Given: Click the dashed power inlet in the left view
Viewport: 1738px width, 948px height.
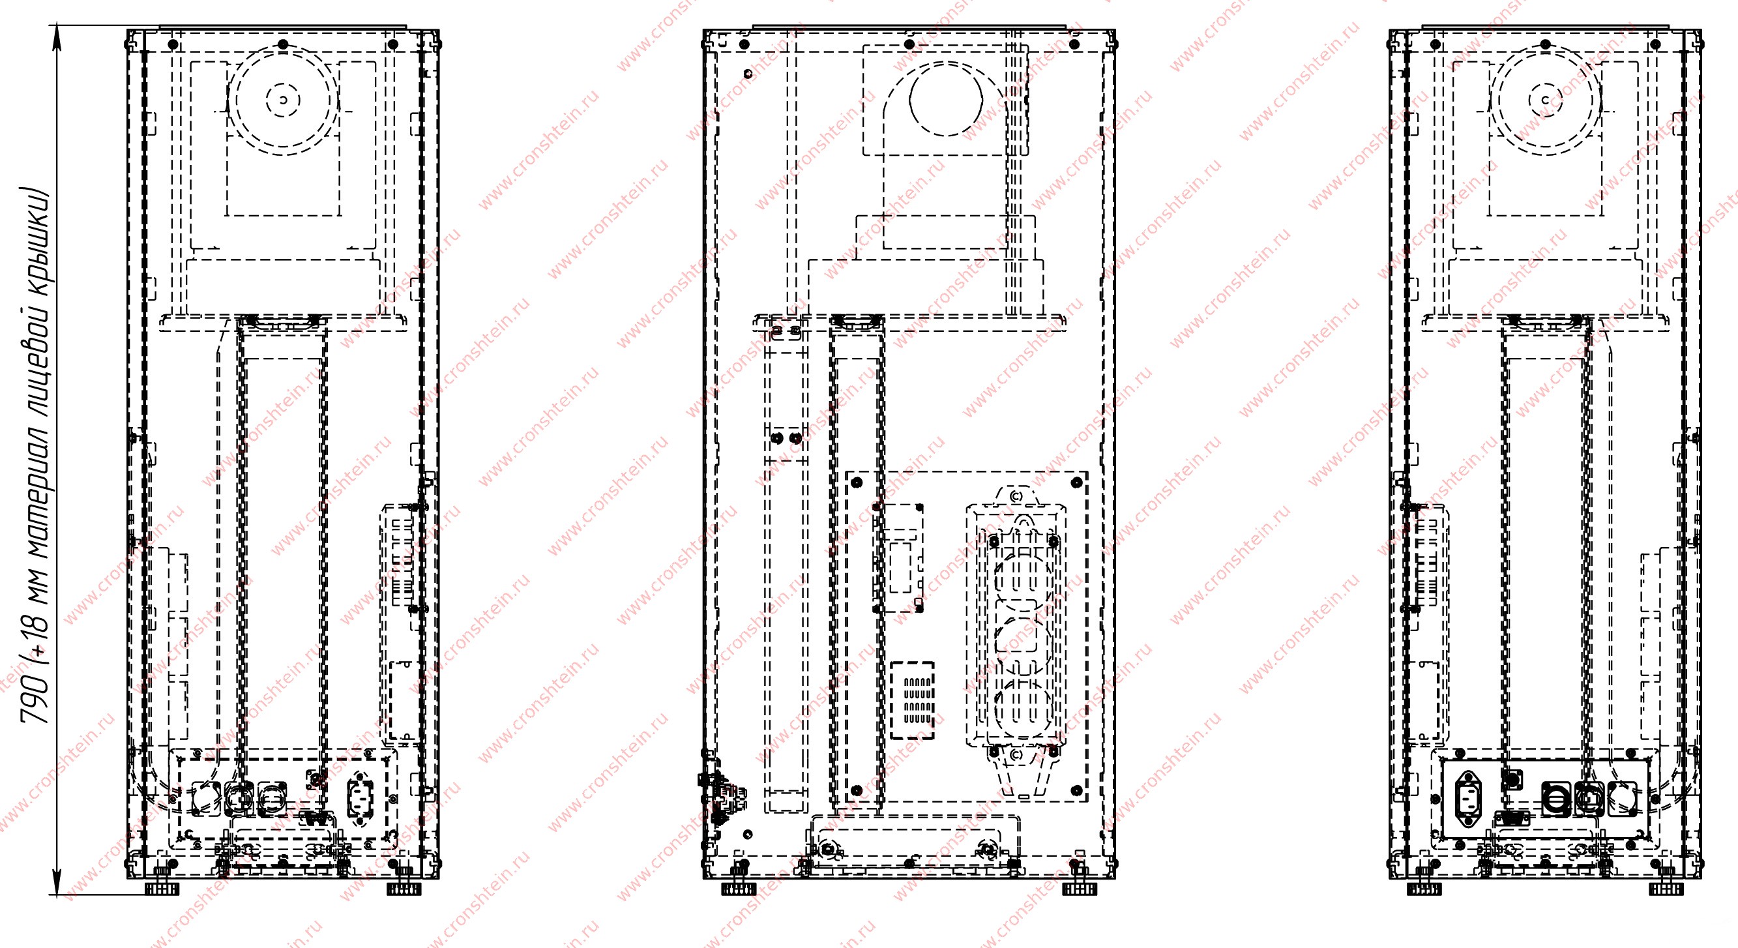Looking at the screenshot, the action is coord(361,802).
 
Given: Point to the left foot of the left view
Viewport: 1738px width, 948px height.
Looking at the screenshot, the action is coord(162,887).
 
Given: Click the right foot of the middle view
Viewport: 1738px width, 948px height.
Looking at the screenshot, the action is coord(1080,887).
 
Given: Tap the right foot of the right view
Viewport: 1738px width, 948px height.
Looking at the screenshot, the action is coord(1666,887).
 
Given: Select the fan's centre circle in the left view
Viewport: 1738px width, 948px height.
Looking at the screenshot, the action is coord(284,100).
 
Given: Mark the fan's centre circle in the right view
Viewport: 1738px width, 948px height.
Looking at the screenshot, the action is coord(1546,100).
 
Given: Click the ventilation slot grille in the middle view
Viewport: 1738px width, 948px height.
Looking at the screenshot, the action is coord(913,700).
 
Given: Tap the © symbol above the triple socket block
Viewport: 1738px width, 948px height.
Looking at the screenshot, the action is coord(1016,497).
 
